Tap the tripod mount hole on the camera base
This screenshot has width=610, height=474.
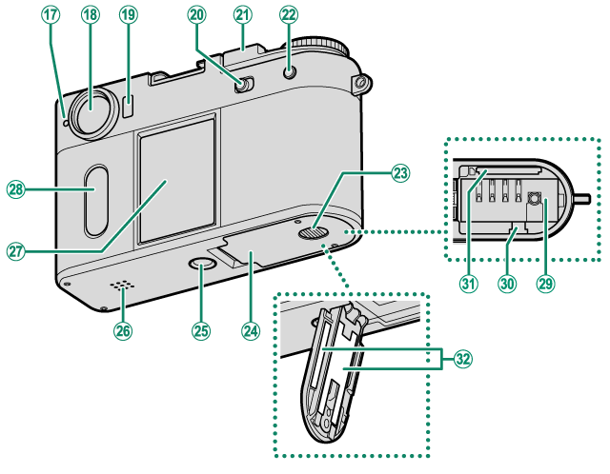pos(204,269)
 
